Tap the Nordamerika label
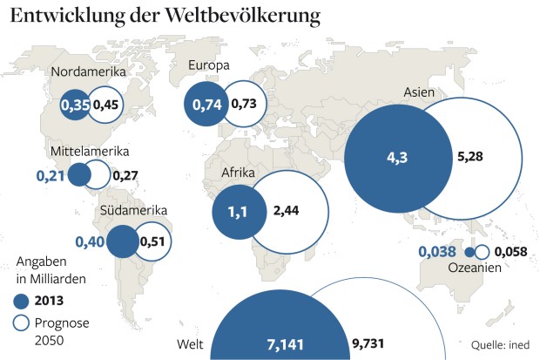(x=89, y=71)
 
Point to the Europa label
(x=209, y=65)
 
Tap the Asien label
(x=421, y=92)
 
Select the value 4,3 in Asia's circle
(x=396, y=158)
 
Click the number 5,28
(x=470, y=158)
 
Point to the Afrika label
(x=238, y=173)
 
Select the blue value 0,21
(x=51, y=175)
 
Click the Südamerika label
(x=132, y=210)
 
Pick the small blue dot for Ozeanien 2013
(x=469, y=252)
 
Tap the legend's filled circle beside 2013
(x=25, y=301)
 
